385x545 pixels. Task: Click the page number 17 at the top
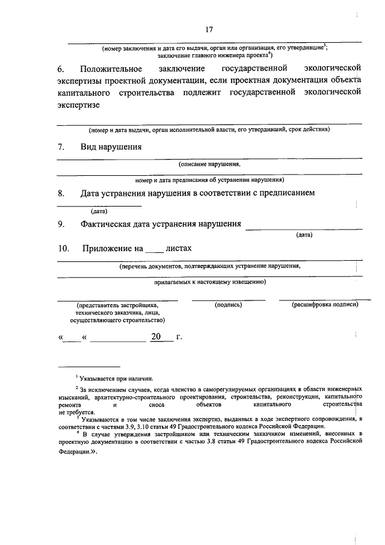click(x=209, y=29)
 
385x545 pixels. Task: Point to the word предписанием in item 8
click(x=286, y=193)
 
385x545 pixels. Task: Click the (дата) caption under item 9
click(x=304, y=235)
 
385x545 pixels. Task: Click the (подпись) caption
click(x=229, y=305)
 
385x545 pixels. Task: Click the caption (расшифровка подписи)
click(x=325, y=305)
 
